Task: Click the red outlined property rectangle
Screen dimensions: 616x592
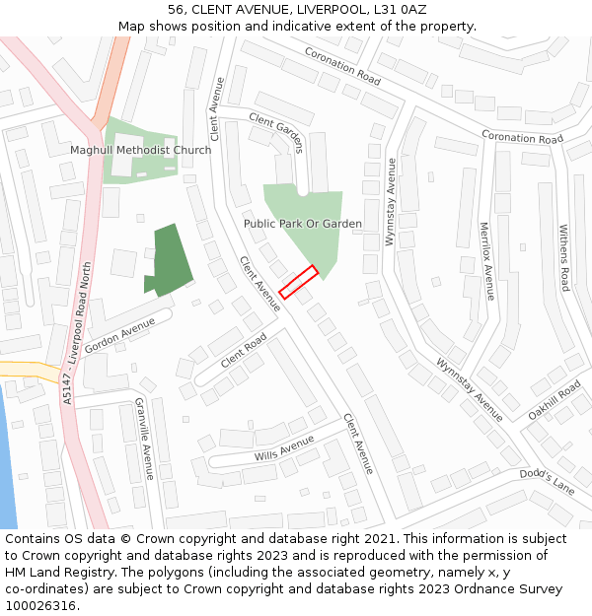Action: coord(298,281)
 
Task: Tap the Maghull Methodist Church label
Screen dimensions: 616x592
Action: coord(140,150)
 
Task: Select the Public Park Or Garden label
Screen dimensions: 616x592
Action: coord(303,224)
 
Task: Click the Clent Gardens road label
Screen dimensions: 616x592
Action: coord(276,132)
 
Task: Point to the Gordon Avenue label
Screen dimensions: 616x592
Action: coord(120,336)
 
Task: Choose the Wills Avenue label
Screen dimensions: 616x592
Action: coord(283,446)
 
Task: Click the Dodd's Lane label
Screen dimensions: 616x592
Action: coord(547,481)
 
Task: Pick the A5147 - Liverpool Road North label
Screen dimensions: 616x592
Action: coord(77,333)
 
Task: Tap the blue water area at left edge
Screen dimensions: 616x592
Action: coord(6,463)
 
